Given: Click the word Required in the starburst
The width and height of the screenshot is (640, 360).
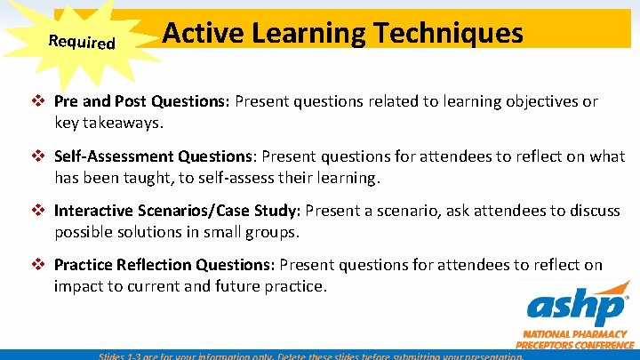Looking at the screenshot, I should (x=82, y=42).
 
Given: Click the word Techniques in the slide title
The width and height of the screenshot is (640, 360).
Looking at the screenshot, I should (x=449, y=33).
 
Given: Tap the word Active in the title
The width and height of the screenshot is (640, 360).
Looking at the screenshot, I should (x=198, y=33).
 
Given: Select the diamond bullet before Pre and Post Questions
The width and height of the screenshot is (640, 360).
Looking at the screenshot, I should (x=41, y=101).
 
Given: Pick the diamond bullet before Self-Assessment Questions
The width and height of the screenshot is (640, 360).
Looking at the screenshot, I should (x=41, y=156).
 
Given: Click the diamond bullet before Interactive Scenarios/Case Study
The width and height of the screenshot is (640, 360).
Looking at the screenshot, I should (x=41, y=211).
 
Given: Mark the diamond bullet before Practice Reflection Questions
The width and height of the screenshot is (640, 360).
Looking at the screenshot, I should (x=41, y=265).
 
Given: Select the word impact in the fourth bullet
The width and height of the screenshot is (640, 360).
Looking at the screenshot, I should (x=77, y=286).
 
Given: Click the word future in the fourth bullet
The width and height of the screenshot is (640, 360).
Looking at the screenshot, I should (x=228, y=286).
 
